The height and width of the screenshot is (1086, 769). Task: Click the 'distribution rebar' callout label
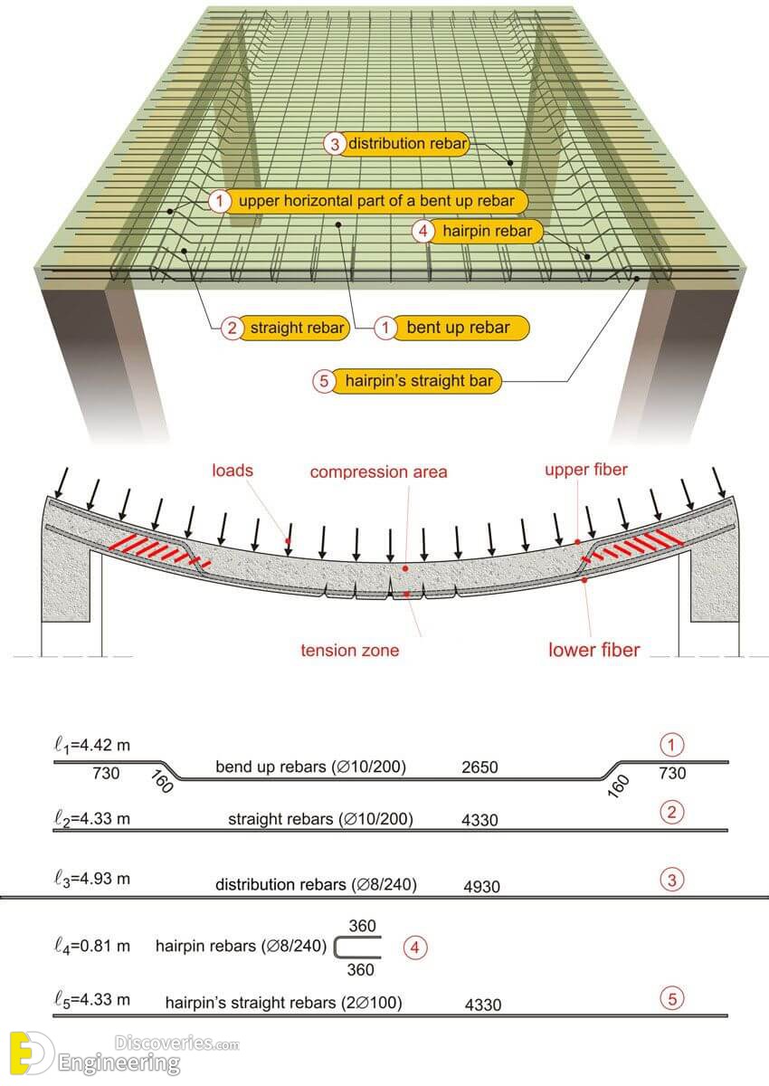coord(397,144)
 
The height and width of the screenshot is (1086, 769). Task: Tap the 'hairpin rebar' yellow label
coord(478,231)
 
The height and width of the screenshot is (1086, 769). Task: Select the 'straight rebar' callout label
coord(285,328)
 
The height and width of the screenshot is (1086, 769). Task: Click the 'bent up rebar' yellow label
coord(451,328)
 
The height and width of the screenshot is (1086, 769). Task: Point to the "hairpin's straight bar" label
coord(407,381)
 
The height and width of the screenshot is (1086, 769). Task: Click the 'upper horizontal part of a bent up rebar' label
coord(368,201)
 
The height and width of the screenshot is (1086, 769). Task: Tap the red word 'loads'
coord(233,471)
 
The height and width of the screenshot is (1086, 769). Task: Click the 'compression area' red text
coord(378,472)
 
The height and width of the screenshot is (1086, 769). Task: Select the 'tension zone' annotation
coord(350,650)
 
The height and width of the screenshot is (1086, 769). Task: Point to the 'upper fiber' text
coord(586,470)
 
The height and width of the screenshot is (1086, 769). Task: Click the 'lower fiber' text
coord(594,650)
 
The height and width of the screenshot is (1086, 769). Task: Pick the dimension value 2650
coord(479,767)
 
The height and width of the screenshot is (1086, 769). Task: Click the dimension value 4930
coord(481,886)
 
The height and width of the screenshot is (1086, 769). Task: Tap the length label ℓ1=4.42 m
coord(92,745)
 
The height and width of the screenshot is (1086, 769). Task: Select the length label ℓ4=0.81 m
coord(92,946)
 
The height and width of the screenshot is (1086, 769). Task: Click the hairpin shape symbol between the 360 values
coord(335,947)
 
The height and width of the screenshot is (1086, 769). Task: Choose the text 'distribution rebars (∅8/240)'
coord(316,884)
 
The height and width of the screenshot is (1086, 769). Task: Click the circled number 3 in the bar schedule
coord(672,880)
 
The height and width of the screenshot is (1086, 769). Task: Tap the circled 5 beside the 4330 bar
coord(672,998)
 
